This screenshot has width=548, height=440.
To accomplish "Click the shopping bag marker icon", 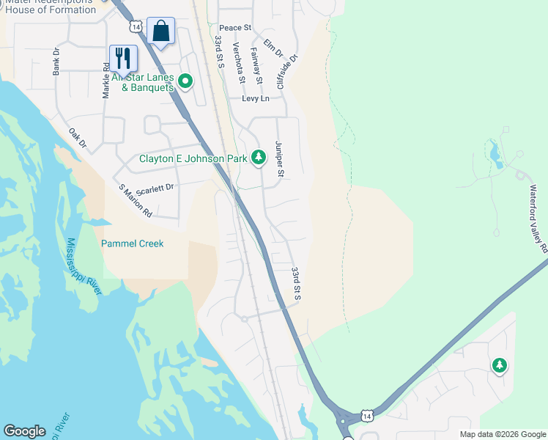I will click(160, 32).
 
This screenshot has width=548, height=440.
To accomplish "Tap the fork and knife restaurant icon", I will click(123, 58).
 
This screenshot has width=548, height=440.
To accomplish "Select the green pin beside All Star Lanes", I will click(185, 81).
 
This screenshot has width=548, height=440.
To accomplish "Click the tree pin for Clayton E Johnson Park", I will click(258, 157).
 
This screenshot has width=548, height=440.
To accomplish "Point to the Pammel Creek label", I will click(132, 243).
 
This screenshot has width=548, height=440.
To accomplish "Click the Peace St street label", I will click(235, 28).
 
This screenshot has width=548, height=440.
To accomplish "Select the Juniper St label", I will click(279, 159).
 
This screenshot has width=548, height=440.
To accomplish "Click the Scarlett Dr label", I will click(155, 188).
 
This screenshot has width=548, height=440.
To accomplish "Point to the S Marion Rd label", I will click(136, 200).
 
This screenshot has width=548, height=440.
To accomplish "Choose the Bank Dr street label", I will click(56, 62).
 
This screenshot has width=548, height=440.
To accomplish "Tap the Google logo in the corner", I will click(24, 431).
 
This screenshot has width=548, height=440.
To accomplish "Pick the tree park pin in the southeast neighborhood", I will click(499, 364).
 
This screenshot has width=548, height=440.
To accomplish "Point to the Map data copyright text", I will click(502, 434).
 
